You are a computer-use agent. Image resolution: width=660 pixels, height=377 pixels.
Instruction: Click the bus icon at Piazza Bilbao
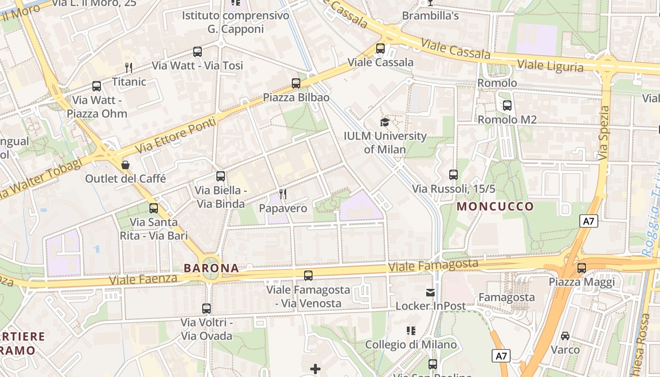click(296, 83)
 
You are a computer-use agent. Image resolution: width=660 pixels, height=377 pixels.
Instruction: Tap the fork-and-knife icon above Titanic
click(128, 68)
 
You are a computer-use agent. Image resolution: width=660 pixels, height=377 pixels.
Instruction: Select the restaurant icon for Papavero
click(283, 194)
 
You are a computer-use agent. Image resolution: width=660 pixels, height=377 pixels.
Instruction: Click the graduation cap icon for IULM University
click(385, 123)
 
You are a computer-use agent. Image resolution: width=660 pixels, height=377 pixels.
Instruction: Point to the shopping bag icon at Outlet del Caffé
click(125, 165)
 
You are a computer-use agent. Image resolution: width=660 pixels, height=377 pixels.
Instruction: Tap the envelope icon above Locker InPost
click(430, 293)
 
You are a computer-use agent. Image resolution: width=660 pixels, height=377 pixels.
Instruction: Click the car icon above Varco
click(565, 336)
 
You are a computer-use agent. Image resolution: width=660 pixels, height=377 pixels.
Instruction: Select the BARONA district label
click(211, 268)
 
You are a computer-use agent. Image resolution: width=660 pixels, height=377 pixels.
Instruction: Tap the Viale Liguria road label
click(550, 65)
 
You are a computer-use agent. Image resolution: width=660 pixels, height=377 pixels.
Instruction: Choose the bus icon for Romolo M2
click(507, 106)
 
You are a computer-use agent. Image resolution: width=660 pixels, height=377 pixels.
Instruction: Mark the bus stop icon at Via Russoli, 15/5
click(454, 175)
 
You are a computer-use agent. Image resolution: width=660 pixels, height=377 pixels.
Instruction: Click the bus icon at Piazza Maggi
click(582, 268)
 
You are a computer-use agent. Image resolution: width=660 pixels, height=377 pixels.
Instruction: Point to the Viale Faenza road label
click(143, 279)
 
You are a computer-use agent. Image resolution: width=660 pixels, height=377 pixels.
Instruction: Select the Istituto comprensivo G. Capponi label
click(236, 22)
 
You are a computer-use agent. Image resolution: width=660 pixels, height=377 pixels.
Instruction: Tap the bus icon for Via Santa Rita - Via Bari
click(154, 208)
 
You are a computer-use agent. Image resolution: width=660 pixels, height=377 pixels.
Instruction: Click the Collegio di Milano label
click(411, 344)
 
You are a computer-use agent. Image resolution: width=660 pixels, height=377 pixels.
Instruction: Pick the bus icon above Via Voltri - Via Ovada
click(206, 309)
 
